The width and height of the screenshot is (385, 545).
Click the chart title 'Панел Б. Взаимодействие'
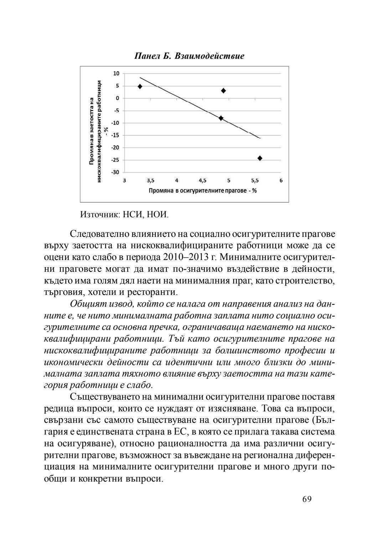pos(189,56)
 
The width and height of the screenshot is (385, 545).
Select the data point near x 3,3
pos(140,87)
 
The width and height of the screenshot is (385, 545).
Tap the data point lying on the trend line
pos(221,118)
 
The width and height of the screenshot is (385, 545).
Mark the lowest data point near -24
pos(260,158)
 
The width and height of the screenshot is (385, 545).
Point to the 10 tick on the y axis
pos(116,73)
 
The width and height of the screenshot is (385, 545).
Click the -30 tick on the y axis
pos(115,172)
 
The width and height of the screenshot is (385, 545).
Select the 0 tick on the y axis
pos(117,98)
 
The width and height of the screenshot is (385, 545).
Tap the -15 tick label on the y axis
pos(115,135)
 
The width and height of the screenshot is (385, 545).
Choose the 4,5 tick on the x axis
pos(202,181)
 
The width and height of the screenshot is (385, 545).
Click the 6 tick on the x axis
pos(281,181)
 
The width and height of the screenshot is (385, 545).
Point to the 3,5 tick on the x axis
pos(150,181)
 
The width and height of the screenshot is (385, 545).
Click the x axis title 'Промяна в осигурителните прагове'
pos(202,191)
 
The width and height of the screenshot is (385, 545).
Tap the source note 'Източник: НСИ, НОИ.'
pos(125,215)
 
